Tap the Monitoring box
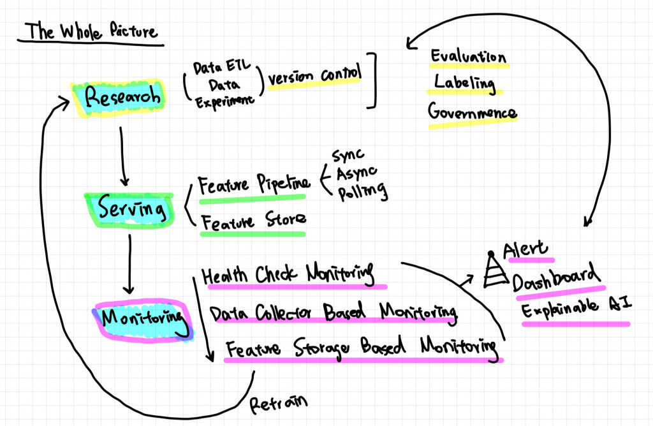pyautogui.click(x=140, y=316)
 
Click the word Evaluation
pyautogui.click(x=469, y=57)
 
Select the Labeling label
pyautogui.click(x=464, y=82)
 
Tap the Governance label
pyautogui.click(x=472, y=113)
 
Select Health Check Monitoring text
pyautogui.click(x=287, y=275)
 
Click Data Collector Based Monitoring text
pyautogui.click(x=334, y=312)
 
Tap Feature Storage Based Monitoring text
pyautogui.click(x=361, y=348)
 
